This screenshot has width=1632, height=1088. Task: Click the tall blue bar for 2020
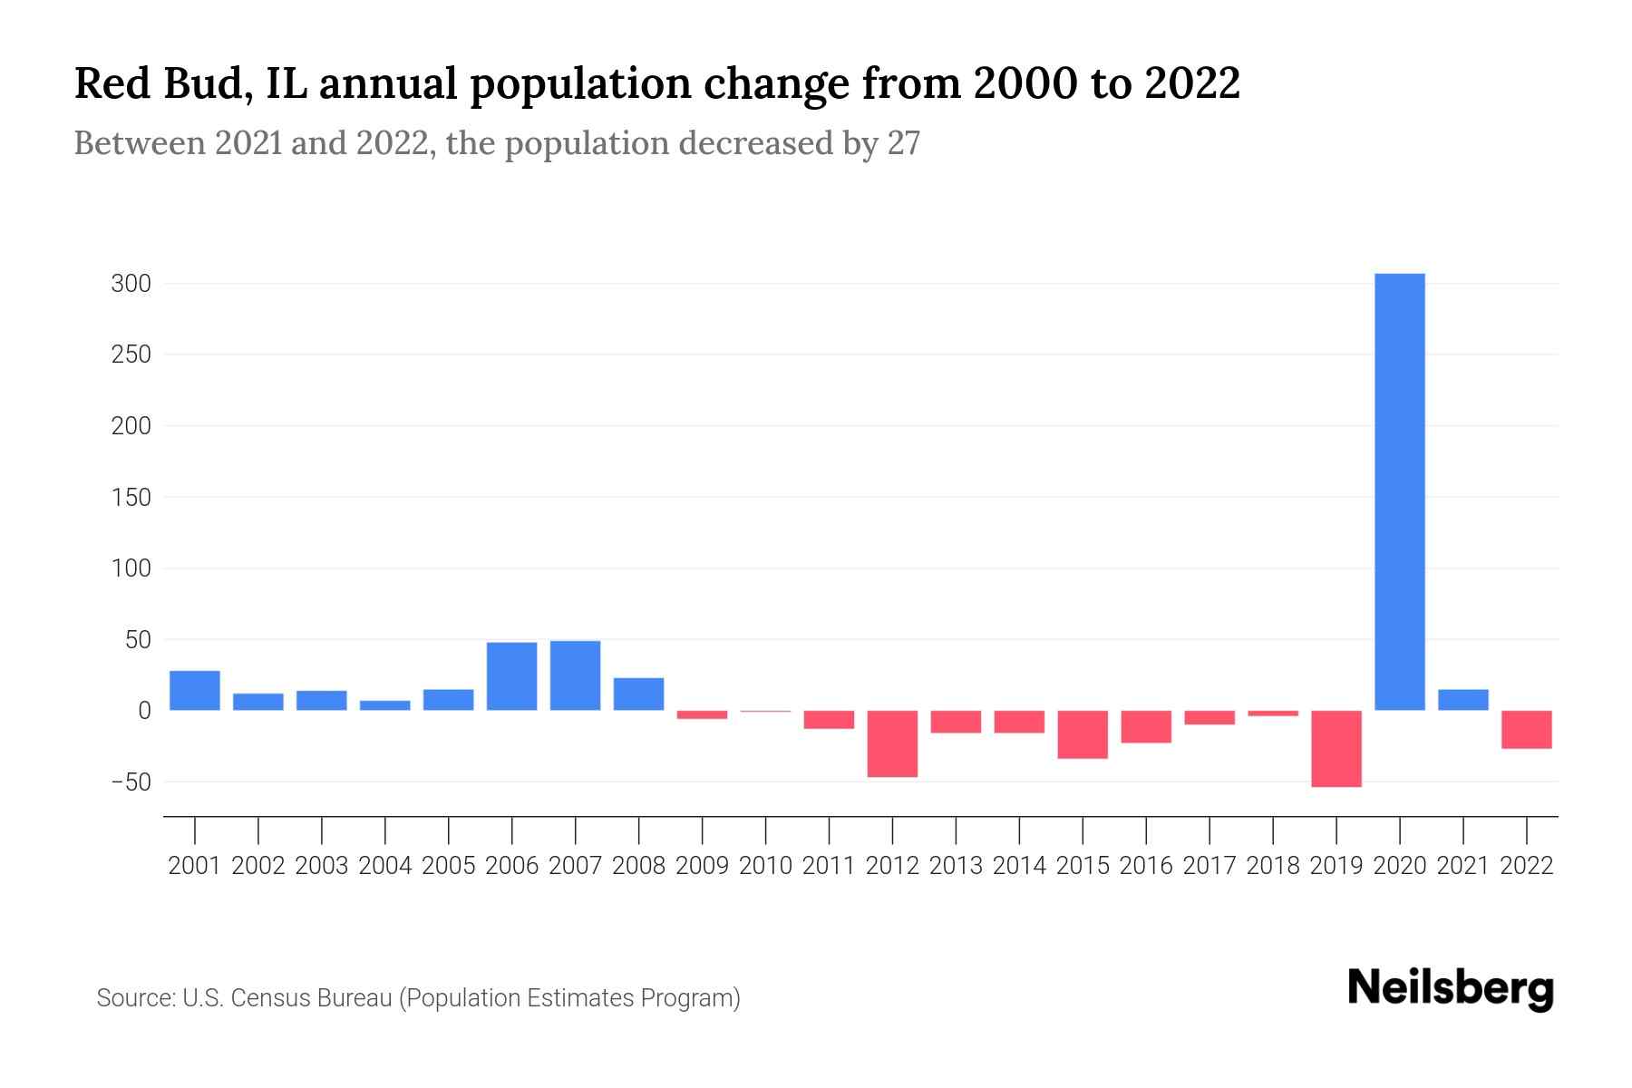pyautogui.click(x=1399, y=491)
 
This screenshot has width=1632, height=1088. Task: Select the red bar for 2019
pyautogui.click(x=1336, y=749)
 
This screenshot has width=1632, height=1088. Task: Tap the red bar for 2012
pyautogui.click(x=892, y=743)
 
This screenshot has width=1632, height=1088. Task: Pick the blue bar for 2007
pyautogui.click(x=575, y=675)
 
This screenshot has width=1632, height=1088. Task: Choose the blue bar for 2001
pyautogui.click(x=195, y=690)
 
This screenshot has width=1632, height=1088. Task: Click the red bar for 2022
pyautogui.click(x=1526, y=729)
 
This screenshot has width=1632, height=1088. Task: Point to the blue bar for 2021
pyautogui.click(x=1462, y=700)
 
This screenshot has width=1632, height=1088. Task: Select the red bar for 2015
pyautogui.click(x=1083, y=734)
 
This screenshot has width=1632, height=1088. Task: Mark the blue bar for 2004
pyautogui.click(x=385, y=705)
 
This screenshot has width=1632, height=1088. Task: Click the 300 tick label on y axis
pyautogui.click(x=131, y=284)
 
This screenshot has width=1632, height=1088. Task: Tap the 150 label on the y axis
pyautogui.click(x=131, y=498)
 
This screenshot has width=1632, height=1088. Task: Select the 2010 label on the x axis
pyautogui.click(x=765, y=866)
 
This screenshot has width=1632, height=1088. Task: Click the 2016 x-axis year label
pyautogui.click(x=1146, y=866)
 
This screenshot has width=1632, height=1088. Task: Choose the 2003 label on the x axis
pyautogui.click(x=322, y=866)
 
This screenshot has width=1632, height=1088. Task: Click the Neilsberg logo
pyautogui.click(x=1451, y=988)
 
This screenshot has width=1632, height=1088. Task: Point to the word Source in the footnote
pyautogui.click(x=135, y=998)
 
